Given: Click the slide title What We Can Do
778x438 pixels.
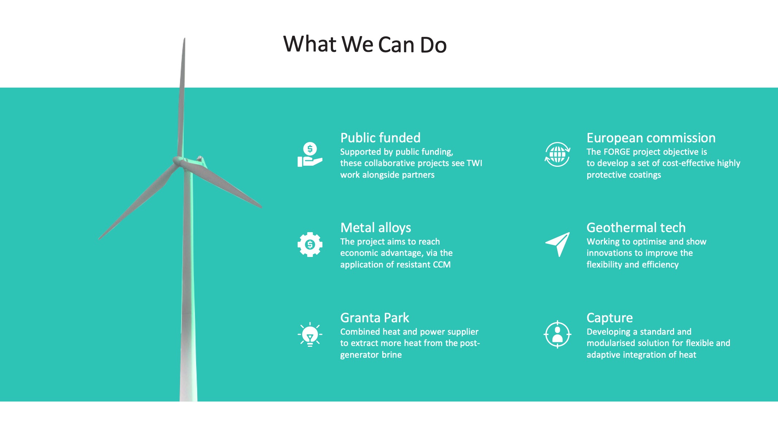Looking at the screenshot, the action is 365,44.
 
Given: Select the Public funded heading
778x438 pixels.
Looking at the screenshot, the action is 380,138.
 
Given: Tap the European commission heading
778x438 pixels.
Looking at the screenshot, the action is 651,138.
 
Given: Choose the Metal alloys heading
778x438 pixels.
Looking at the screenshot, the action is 376,228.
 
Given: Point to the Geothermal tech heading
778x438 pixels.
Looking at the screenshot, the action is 636,228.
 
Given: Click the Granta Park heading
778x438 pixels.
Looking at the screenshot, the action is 375,318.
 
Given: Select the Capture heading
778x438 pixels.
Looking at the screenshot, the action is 609,318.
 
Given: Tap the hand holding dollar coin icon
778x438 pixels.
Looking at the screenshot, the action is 310,154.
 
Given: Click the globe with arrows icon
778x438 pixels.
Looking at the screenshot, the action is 557,154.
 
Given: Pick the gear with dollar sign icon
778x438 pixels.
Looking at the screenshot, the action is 310,245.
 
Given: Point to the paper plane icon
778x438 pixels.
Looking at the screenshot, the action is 557,244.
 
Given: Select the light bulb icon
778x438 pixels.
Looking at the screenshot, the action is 310,334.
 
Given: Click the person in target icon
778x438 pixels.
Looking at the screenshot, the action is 557,334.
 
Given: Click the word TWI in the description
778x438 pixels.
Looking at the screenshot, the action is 474,163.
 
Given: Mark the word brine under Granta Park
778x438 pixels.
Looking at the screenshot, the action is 392,355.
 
